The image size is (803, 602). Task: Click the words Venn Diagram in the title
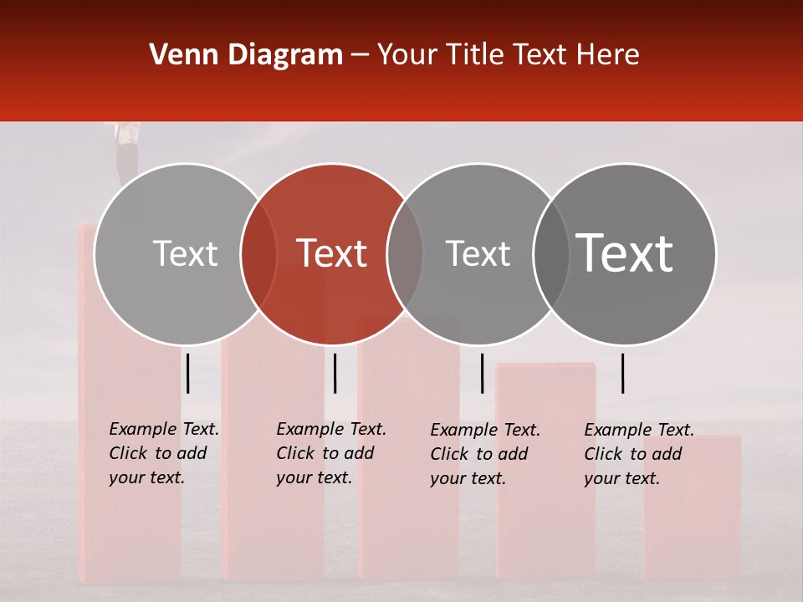(x=246, y=55)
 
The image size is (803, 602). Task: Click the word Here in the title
(x=606, y=55)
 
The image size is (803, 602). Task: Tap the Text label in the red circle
(x=331, y=253)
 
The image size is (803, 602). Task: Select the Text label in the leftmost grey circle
(x=185, y=253)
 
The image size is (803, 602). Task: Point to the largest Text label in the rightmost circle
(x=625, y=253)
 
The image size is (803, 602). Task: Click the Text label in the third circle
(x=478, y=253)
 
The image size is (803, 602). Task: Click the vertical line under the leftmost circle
(x=188, y=373)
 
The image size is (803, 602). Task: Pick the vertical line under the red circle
(x=335, y=373)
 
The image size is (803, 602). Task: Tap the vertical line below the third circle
(x=482, y=373)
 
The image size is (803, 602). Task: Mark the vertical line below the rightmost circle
(x=623, y=373)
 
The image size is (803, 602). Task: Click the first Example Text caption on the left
(x=163, y=453)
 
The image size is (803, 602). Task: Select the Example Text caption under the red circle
(x=330, y=453)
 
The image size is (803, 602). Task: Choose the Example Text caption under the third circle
(x=484, y=454)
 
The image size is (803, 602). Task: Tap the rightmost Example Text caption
(x=638, y=454)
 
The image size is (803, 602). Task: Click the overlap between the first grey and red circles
(x=258, y=254)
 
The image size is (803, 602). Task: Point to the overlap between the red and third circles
(x=406, y=254)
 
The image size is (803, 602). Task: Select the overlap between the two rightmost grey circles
(x=551, y=254)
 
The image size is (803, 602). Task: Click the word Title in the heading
(x=473, y=55)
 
